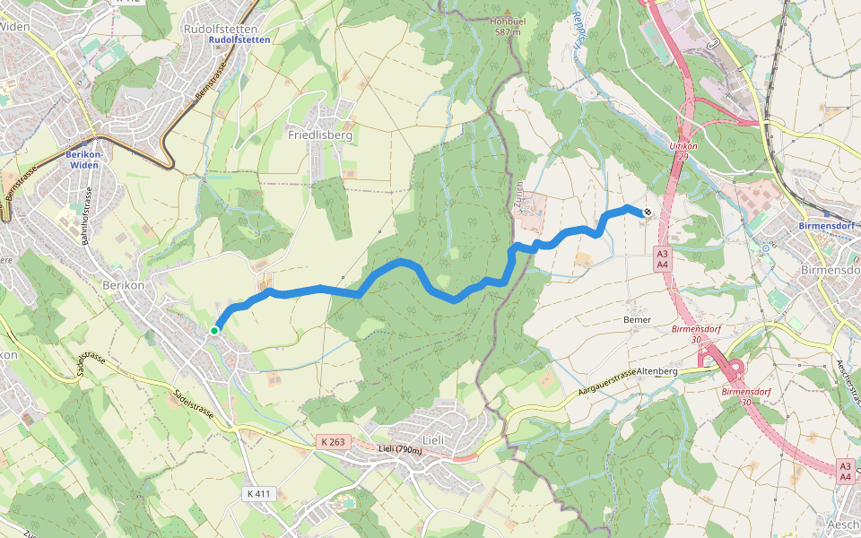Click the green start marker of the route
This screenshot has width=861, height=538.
pyautogui.click(x=214, y=331)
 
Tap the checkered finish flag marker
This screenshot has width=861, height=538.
pyautogui.click(x=647, y=213)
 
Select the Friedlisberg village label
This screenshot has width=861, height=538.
pyautogui.click(x=320, y=134)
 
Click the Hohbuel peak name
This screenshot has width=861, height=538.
pyautogui.click(x=506, y=22)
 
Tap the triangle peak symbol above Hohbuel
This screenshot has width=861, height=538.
pyautogui.click(x=506, y=11)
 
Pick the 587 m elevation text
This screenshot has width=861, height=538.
pyautogui.click(x=506, y=32)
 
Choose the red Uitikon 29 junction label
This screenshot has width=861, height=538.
pyautogui.click(x=683, y=150)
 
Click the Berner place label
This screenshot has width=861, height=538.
pyautogui.click(x=637, y=319)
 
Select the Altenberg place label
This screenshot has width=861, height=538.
pyautogui.click(x=657, y=370)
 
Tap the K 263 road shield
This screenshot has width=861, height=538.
pyautogui.click(x=331, y=441)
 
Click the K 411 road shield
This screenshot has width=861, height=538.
pyautogui.click(x=257, y=494)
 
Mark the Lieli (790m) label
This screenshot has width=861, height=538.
pyautogui.click(x=399, y=449)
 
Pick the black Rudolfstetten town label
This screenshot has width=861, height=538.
pyautogui.click(x=213, y=29)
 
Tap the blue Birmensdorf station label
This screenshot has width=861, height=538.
pyautogui.click(x=828, y=226)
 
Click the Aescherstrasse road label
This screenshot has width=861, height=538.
pyautogui.click(x=848, y=382)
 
